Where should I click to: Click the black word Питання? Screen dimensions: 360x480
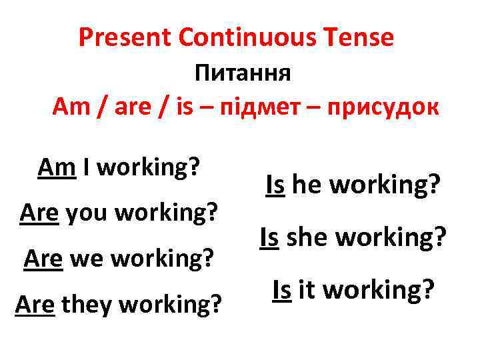coord(243,72)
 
